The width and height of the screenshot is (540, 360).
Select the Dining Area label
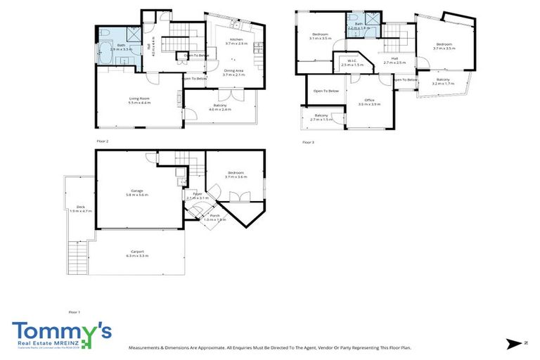233,70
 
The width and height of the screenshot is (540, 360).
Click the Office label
368,101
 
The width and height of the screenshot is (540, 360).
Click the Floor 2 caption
103,141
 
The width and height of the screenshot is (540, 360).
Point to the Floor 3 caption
308,141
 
